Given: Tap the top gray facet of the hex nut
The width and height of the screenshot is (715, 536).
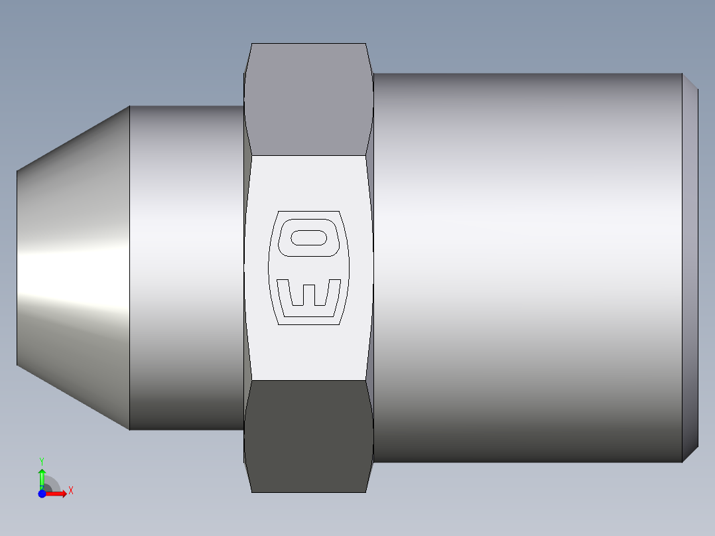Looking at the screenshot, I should point(309,100).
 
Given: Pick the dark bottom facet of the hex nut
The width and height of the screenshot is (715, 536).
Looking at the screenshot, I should point(309,435).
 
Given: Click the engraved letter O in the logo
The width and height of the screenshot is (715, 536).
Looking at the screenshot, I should point(309,237).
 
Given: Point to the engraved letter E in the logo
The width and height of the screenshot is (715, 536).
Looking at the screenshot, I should point(309,295).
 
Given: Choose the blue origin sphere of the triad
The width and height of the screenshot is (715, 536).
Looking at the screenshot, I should point(42,493).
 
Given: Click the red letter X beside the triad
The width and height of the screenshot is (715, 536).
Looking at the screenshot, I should point(70,491).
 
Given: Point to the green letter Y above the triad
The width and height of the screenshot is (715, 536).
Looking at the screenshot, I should point(42,460).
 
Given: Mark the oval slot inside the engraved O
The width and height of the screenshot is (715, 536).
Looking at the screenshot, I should point(309,237).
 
